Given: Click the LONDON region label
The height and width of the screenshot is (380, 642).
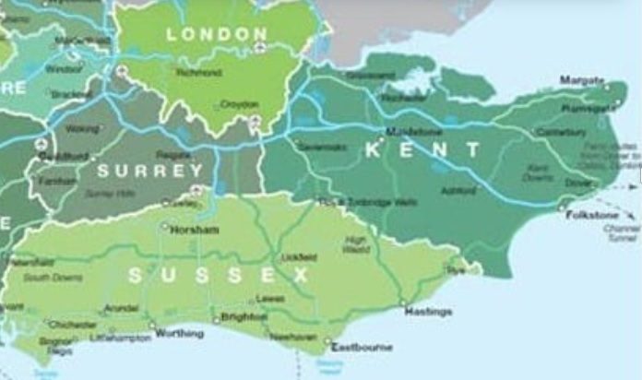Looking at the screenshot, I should coord(217,34).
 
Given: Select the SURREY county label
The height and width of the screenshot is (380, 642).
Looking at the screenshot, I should coord(149,171).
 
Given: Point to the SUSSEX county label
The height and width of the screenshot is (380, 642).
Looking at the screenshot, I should coord(219,275).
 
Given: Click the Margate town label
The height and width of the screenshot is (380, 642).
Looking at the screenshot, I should coord(582,80).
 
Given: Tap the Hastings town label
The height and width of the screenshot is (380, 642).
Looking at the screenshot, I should coord(429,312).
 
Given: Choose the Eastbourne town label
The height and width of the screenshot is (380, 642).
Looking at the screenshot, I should coord(362,347).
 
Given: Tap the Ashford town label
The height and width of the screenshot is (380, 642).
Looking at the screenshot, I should coord(459,191).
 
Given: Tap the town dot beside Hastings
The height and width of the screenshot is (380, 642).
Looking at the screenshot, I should coord(402,303).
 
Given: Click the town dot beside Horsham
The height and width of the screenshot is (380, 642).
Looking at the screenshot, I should coord(165,224).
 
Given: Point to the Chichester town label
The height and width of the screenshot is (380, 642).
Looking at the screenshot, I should coord(72,325).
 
